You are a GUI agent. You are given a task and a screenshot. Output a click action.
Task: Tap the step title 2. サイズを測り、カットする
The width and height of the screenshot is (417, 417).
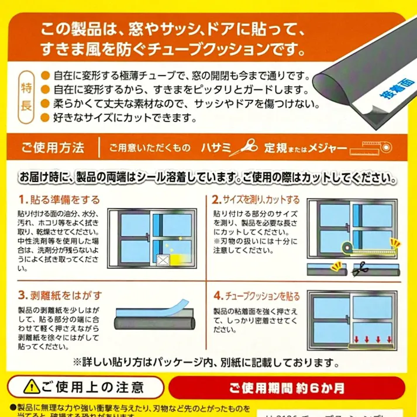click(256, 199)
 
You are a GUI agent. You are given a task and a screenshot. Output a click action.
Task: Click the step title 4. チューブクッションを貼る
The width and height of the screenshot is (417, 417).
click(256, 294)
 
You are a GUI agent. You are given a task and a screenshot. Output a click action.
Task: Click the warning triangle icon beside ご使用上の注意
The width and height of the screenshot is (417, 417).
click(29, 387)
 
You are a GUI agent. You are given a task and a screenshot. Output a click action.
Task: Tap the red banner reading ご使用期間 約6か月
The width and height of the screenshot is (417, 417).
click(287, 387)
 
